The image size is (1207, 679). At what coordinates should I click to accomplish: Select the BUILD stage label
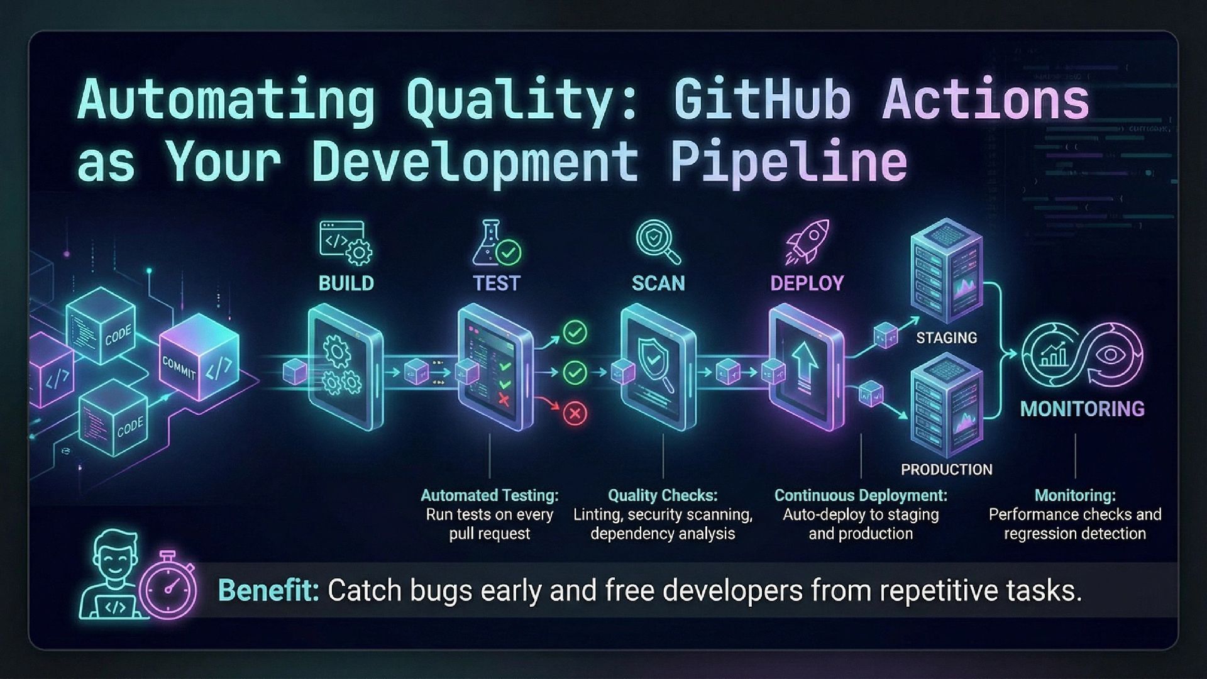(346, 284)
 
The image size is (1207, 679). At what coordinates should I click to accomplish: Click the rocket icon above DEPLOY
(807, 241)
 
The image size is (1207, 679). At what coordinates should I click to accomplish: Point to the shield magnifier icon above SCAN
(658, 241)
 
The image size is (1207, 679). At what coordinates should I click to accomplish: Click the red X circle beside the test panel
(574, 413)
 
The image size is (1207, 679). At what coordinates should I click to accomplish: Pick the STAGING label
(946, 338)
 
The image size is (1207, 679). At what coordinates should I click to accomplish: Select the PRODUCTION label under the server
(946, 470)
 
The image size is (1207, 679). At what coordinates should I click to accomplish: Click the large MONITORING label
(1082, 409)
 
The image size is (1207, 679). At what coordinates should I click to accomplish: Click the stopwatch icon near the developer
(168, 586)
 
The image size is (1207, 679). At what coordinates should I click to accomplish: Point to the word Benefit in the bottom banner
(268, 591)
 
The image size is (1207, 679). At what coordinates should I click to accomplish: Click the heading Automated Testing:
(489, 495)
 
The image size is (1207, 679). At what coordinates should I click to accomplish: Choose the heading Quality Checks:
(663, 495)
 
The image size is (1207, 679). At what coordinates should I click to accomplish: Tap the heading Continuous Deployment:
(861, 495)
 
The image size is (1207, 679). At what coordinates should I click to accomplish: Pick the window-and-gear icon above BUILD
(345, 242)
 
